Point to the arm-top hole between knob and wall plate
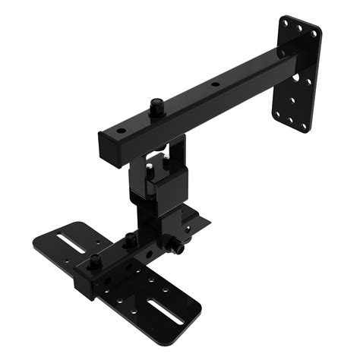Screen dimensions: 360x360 pyautogui.click(x=215, y=85)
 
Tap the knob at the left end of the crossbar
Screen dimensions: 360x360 pyautogui.click(x=95, y=263)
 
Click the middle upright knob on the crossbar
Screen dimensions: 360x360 pyautogui.click(x=130, y=242)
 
